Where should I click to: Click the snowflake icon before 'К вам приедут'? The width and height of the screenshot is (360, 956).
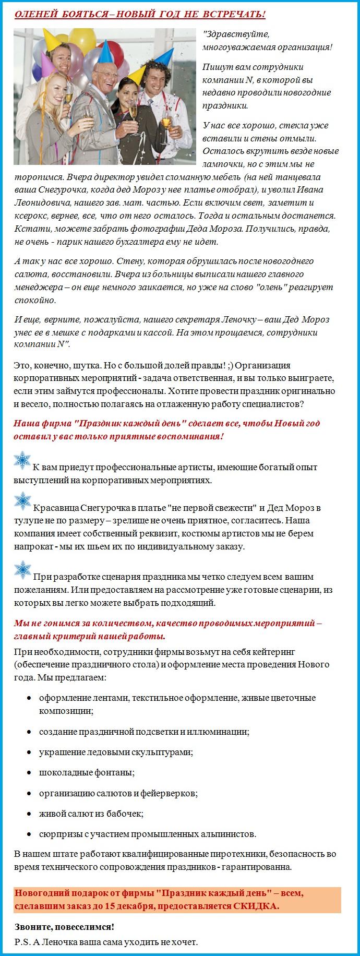click(22, 461)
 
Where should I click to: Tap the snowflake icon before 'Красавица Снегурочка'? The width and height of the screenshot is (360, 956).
click(22, 501)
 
